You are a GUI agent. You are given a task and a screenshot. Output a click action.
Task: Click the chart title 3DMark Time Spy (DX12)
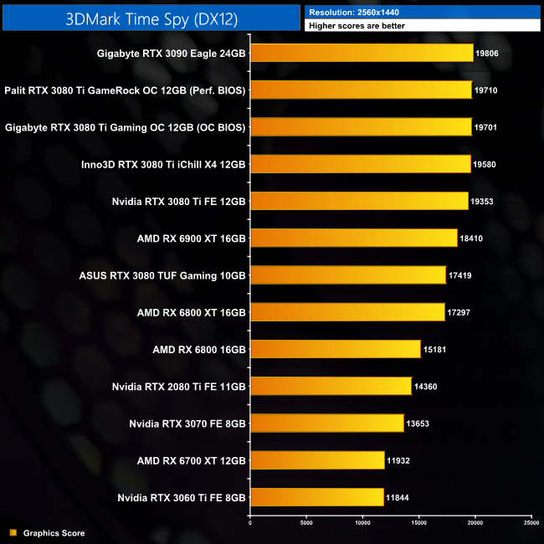[x=150, y=17]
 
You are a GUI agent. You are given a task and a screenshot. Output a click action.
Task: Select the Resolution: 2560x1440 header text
[x=360, y=12]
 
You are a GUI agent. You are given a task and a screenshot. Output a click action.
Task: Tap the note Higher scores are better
[x=359, y=26]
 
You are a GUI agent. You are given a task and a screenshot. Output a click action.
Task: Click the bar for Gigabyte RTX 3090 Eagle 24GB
[x=362, y=54]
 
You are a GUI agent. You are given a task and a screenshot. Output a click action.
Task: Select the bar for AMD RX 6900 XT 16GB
[x=353, y=238]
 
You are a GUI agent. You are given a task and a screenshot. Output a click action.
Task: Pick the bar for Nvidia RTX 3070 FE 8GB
[x=327, y=423]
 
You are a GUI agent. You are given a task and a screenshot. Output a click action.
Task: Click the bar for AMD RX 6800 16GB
[x=335, y=349]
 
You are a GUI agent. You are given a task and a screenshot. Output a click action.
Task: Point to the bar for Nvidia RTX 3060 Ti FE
[x=316, y=497]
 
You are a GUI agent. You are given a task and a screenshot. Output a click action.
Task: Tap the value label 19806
[x=486, y=54]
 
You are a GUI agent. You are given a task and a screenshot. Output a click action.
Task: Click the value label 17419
[x=462, y=275]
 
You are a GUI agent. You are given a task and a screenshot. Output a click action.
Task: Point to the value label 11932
[x=398, y=460]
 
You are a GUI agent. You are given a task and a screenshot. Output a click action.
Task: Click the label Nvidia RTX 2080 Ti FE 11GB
[x=178, y=387]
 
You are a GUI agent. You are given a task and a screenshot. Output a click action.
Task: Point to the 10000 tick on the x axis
[x=362, y=523]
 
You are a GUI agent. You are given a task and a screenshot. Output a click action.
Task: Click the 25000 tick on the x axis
[x=531, y=523]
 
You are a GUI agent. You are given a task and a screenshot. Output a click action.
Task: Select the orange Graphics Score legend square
[x=13, y=532]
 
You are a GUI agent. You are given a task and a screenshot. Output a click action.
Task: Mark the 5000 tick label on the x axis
[x=306, y=523]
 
